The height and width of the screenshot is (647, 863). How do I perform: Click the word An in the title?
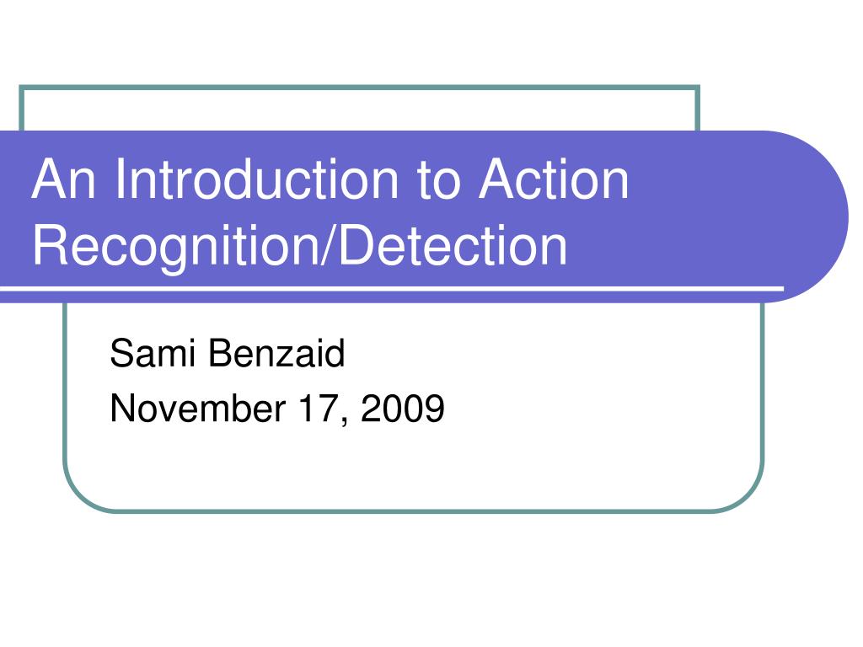pos(66,179)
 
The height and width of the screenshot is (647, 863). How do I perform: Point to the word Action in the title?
pos(555,179)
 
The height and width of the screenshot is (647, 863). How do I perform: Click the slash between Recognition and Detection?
pos(329,245)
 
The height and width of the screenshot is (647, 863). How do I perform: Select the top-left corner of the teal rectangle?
pos(21,87)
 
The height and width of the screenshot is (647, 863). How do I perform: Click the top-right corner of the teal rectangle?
pos(699,87)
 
